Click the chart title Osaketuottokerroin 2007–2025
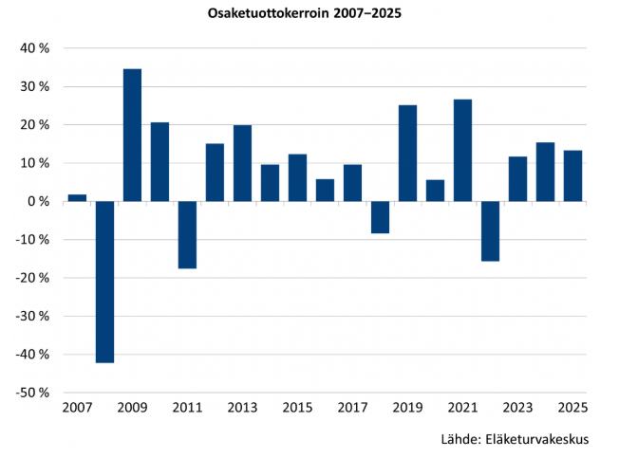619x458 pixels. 309,14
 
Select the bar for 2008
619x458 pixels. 104,282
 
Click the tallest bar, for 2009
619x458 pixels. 132,135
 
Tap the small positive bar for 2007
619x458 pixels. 77,197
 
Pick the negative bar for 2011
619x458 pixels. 187,234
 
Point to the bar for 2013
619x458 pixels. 242,163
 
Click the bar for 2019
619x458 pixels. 407,153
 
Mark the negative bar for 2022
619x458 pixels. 490,230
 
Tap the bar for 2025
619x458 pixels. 572,175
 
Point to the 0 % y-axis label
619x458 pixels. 38,201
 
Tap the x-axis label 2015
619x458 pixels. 297,408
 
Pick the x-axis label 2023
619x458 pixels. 517,408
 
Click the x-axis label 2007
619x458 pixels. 77,408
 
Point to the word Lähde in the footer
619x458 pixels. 460,440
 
